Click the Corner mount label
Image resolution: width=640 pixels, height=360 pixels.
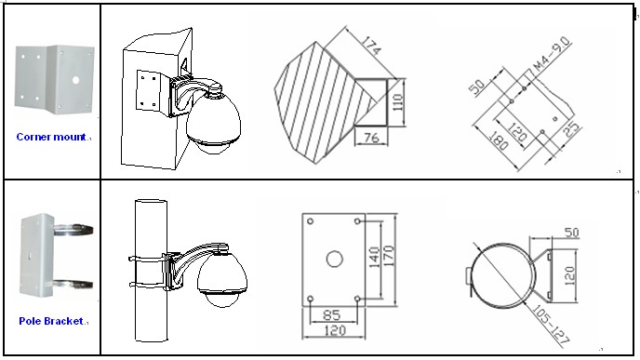pos(51,137)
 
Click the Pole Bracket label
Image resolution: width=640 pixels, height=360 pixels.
pos(51,321)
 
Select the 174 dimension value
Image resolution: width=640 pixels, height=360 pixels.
pos(371,46)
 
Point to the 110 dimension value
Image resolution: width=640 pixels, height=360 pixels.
pos(398,102)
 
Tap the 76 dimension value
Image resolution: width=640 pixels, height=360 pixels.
pos(371,138)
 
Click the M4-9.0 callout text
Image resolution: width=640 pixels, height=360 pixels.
pos(552,54)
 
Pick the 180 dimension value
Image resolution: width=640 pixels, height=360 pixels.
pos(499,140)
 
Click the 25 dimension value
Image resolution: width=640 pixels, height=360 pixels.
pos(571,129)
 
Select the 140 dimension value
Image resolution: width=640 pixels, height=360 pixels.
pos(374,257)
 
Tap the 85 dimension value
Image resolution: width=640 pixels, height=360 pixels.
pos(331,314)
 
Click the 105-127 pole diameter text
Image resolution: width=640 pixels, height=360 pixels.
pos(551,324)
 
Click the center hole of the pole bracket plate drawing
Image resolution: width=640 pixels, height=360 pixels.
pos(334,259)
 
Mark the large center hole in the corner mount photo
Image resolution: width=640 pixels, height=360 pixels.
pos(75,80)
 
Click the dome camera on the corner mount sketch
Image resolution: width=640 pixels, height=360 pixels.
pos(213,121)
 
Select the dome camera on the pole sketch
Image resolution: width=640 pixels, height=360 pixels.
pos(222,278)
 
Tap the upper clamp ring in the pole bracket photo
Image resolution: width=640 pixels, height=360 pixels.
pos(73,230)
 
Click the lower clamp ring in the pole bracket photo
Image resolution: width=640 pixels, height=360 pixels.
pos(73,285)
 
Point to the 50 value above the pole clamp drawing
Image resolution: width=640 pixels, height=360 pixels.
pos(571,233)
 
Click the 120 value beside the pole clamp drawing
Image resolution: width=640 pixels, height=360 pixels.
pos(570,275)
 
